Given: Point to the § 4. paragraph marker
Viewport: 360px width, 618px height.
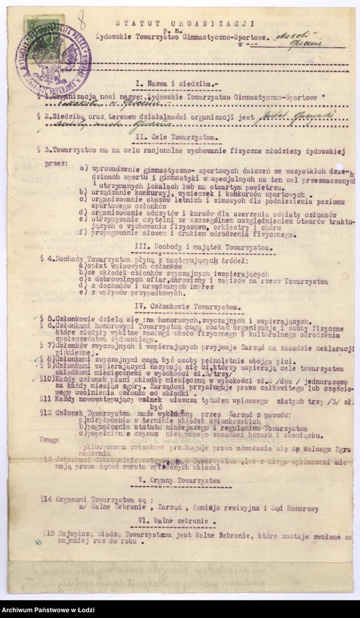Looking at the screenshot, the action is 43,259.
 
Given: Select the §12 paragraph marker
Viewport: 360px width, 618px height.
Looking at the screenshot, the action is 45,413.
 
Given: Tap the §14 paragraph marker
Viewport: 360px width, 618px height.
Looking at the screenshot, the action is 45,498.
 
